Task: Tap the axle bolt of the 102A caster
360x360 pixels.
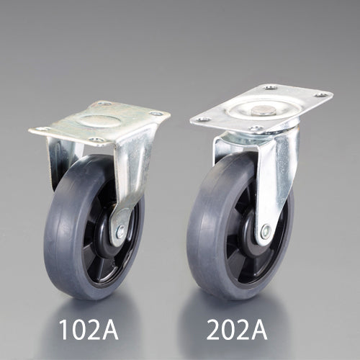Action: pyautogui.click(x=120, y=231)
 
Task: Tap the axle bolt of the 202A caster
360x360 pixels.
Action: pyautogui.click(x=266, y=231)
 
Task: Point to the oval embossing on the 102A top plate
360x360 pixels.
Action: pyautogui.click(x=100, y=120)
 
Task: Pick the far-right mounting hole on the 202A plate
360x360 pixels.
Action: pyautogui.click(x=321, y=95)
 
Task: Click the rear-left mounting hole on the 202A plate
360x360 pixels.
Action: pyautogui.click(x=271, y=88)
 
